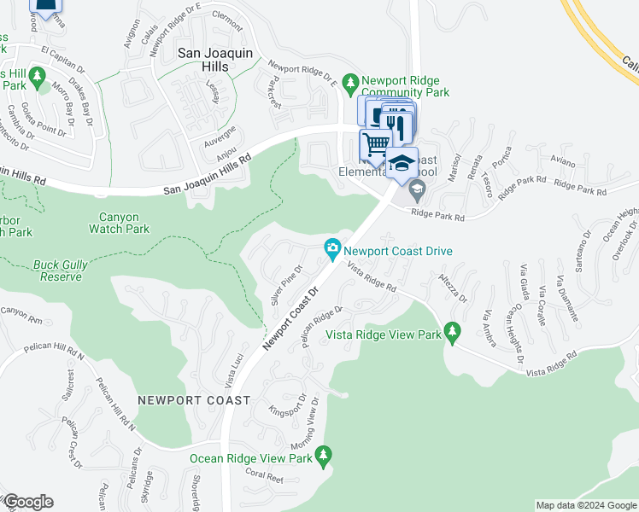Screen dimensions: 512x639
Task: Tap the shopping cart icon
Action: (x=374, y=145)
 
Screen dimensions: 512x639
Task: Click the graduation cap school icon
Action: (x=402, y=161)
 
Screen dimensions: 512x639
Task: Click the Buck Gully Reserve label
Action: (x=61, y=271)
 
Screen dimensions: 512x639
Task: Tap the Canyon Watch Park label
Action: (x=119, y=223)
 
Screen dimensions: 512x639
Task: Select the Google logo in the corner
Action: (x=28, y=502)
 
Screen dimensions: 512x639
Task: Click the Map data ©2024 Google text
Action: (x=585, y=505)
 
